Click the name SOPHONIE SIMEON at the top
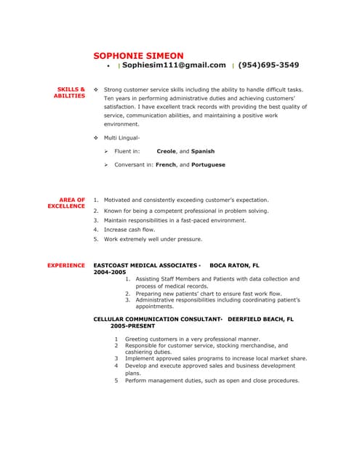point(138,55)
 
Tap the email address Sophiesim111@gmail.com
point(174,65)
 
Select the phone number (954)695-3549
point(268,65)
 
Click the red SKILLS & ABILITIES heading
point(70,93)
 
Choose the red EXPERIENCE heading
point(66,266)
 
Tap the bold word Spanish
point(203,151)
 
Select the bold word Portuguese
point(209,165)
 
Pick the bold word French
point(166,165)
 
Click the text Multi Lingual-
point(121,137)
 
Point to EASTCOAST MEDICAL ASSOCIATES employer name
point(145,266)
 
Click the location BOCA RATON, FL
point(234,266)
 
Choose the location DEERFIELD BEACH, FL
point(260,319)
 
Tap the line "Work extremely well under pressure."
point(153,239)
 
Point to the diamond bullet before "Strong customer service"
point(96,90)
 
